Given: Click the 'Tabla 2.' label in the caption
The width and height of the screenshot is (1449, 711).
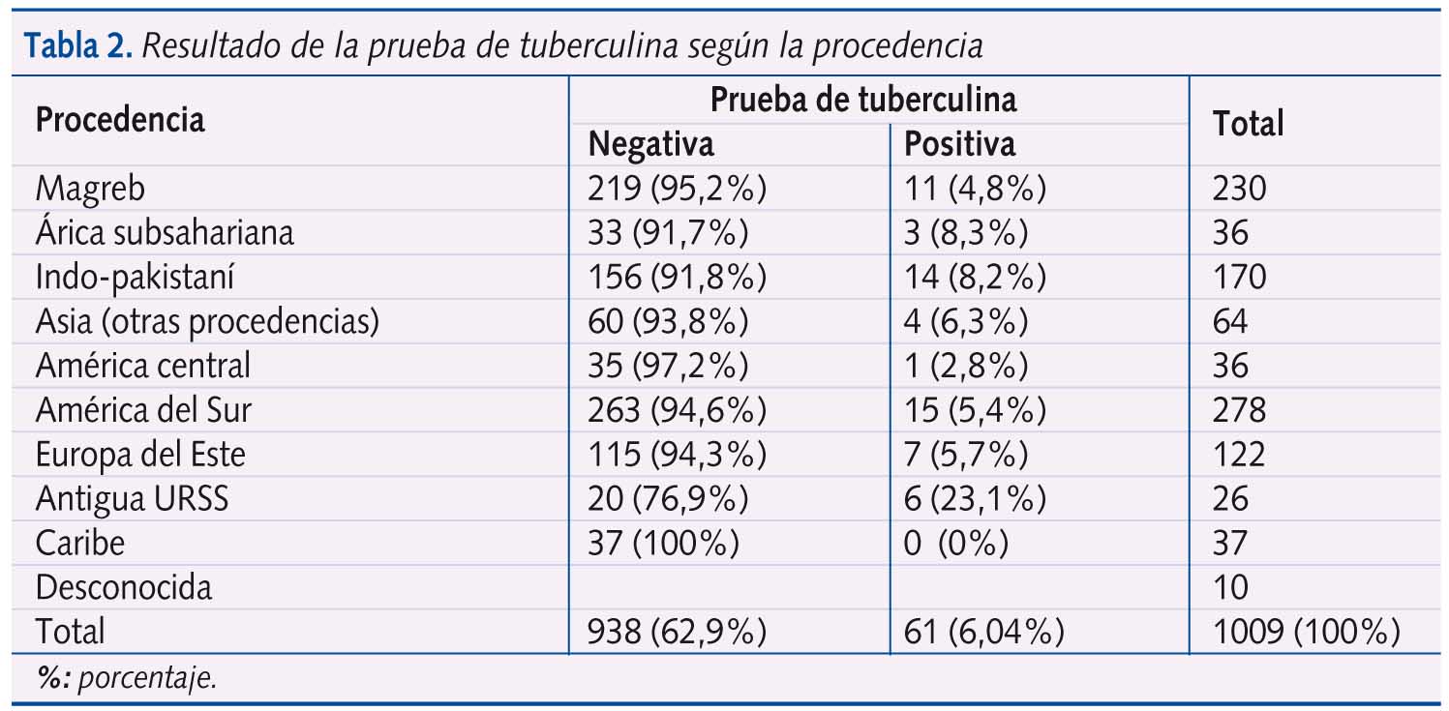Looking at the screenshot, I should coord(77,45).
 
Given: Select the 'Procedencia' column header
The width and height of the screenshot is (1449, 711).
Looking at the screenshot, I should coord(120,120).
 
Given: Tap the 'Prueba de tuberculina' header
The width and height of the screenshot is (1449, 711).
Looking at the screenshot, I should coord(863,99).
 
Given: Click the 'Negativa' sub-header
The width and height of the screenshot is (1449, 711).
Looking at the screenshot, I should coord(650,144).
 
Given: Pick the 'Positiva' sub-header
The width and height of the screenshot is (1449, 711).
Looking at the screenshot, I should coord(959,144).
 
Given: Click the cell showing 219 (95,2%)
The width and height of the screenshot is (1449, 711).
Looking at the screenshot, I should coord(677,188).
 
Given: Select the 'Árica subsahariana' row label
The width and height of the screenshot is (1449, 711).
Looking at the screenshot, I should coord(165,232).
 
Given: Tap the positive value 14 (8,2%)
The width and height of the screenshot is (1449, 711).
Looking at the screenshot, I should coord(975,277).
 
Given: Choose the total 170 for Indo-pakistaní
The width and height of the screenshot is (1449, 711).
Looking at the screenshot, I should coord(1239,277).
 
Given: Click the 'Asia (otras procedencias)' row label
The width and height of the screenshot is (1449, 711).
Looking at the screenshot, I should coord(207,321).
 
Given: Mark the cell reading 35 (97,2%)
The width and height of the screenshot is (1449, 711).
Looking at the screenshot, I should coord(668,366).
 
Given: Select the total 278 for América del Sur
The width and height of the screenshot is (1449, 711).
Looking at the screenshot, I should coord(1239,410).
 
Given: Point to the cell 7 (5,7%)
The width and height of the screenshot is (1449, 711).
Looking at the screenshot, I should coord(965,455).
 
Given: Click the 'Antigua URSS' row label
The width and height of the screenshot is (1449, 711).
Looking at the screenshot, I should coord(133,499).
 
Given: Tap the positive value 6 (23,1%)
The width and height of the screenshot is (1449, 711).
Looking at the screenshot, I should coord(975,499).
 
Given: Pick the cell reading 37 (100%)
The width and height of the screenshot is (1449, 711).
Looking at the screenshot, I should coord(663,543).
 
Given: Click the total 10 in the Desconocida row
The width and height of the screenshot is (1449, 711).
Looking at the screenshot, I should coord(1230,587).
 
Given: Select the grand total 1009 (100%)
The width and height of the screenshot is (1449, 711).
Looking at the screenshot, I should coord(1306,632).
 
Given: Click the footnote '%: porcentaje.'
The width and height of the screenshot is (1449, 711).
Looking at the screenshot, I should coord(126,678).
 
